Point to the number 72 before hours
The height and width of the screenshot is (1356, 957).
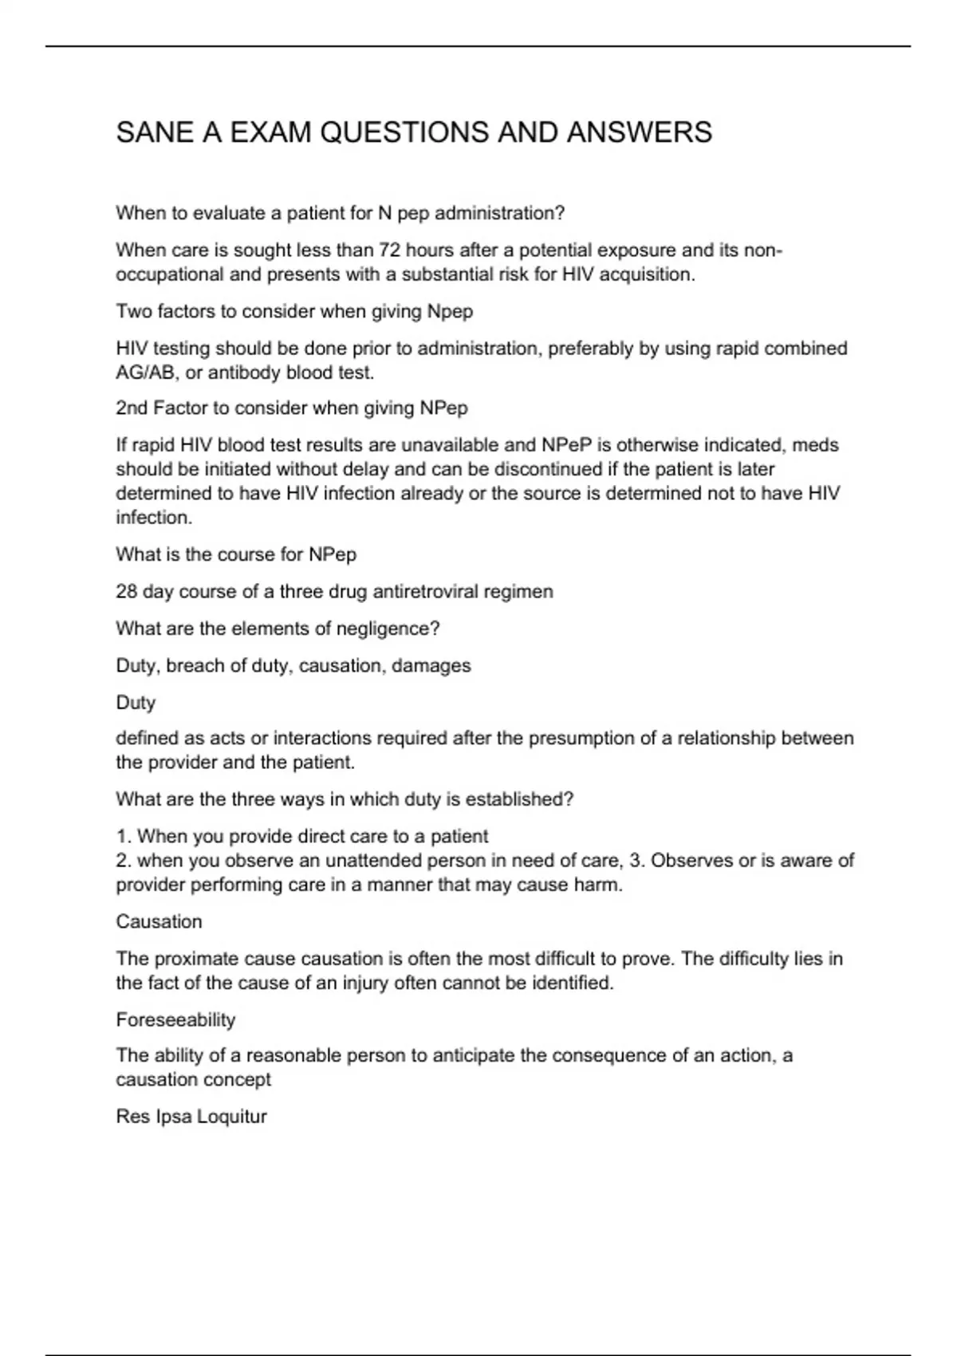[389, 250]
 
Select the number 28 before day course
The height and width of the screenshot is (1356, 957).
[127, 592]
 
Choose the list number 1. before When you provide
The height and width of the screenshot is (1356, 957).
[124, 837]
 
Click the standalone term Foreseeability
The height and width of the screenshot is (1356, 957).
[175, 1020]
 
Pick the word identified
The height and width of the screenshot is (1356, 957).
[571, 983]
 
